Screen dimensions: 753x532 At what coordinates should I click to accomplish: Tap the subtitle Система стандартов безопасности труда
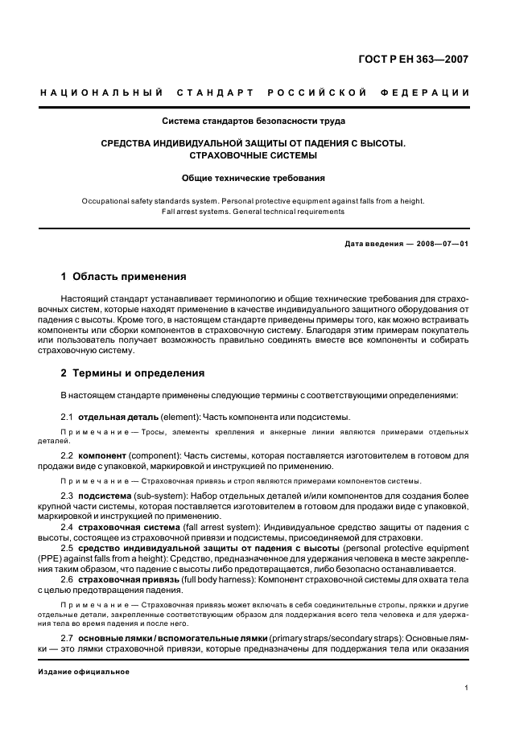(x=254, y=121)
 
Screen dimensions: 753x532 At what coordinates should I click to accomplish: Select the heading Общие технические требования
(x=254, y=177)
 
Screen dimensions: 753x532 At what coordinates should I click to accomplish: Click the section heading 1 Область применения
(x=124, y=277)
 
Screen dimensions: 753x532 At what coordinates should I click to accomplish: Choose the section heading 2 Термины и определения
(x=133, y=373)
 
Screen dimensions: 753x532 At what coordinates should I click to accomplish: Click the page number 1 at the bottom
(x=467, y=688)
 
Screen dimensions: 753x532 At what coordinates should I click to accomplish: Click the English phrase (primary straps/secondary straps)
(x=332, y=637)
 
